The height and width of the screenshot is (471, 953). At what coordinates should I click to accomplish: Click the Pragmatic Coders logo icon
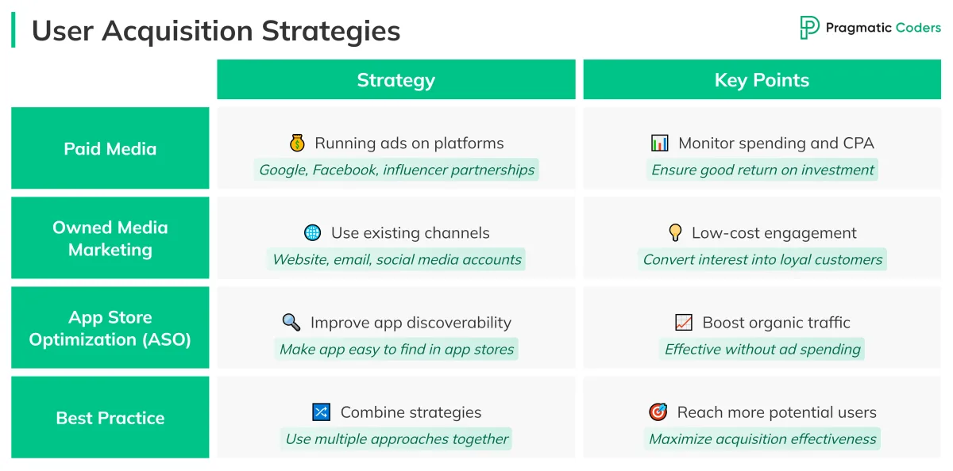809,28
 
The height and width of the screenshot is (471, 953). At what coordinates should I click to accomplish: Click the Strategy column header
395,80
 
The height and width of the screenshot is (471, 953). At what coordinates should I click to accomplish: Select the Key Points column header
762,80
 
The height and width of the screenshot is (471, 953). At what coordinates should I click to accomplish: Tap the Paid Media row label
110,148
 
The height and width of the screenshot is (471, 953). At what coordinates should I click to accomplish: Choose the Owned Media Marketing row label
110,238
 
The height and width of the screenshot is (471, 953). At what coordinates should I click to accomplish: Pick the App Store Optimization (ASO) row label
110,327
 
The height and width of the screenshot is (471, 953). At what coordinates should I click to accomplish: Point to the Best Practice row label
110,418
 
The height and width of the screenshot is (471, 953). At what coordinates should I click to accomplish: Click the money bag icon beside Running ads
297,144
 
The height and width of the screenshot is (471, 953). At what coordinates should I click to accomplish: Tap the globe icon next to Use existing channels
313,233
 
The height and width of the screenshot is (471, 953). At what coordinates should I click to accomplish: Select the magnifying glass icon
291,323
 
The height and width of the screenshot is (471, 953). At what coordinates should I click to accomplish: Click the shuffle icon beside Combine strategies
321,412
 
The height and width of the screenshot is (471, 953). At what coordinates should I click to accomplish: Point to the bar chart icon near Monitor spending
659,144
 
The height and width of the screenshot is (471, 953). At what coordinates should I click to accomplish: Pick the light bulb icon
675,233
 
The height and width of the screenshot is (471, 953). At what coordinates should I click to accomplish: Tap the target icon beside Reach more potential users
658,412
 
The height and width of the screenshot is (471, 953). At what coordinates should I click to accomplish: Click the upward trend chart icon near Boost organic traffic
683,323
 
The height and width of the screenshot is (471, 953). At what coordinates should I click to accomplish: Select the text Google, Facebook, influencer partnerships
396,170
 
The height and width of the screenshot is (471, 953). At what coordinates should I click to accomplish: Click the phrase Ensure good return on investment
762,170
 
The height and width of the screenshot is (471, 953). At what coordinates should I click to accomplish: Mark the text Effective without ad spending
762,349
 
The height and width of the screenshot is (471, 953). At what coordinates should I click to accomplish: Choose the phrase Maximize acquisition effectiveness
762,438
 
